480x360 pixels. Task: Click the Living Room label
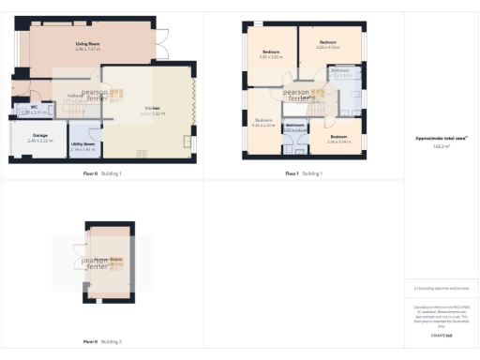(88, 43)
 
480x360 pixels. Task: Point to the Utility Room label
(82, 144)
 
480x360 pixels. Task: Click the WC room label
(34, 107)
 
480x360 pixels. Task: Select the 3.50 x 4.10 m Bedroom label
(327, 42)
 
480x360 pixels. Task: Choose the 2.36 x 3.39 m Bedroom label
(339, 138)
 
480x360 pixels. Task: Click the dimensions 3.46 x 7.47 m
(88, 49)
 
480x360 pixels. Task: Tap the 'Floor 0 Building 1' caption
(103, 173)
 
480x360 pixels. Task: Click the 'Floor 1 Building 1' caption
(304, 173)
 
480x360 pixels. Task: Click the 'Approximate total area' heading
(441, 138)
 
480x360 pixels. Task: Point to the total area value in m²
(441, 146)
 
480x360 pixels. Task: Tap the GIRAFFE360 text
(441, 335)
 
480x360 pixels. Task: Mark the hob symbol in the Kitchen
(142, 154)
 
